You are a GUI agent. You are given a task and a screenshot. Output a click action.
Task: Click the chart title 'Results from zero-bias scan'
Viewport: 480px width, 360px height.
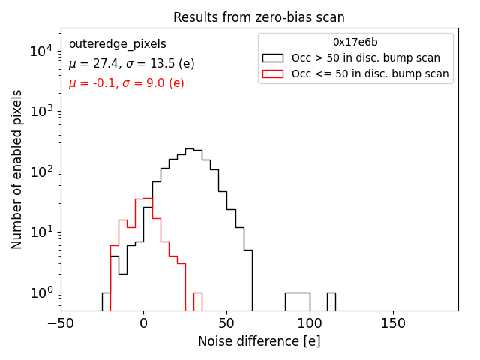tap(259, 17)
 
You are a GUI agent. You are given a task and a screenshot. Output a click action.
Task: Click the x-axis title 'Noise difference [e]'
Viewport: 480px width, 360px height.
tap(259, 341)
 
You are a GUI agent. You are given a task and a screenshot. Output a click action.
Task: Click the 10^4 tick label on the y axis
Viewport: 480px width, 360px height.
tap(40, 51)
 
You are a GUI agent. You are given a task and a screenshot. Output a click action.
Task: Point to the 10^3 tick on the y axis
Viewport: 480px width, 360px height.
tap(40, 112)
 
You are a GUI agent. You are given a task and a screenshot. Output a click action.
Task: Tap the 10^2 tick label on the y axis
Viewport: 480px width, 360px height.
tap(40, 172)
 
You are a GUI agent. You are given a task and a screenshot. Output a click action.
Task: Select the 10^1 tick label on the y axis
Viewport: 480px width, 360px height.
tap(40, 232)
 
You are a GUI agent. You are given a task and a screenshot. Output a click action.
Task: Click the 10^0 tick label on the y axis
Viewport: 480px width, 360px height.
tap(40, 292)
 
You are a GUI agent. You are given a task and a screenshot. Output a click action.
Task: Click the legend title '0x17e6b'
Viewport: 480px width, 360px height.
tap(355, 43)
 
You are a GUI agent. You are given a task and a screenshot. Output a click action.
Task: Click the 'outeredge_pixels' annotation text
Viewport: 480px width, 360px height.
tap(117, 44)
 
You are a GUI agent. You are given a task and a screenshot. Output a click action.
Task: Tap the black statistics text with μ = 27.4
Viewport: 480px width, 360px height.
tap(131, 64)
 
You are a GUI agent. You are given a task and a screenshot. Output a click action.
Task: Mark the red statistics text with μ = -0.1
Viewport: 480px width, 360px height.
tap(126, 83)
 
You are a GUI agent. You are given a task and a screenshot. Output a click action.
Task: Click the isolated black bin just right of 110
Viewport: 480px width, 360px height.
tap(331, 301)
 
